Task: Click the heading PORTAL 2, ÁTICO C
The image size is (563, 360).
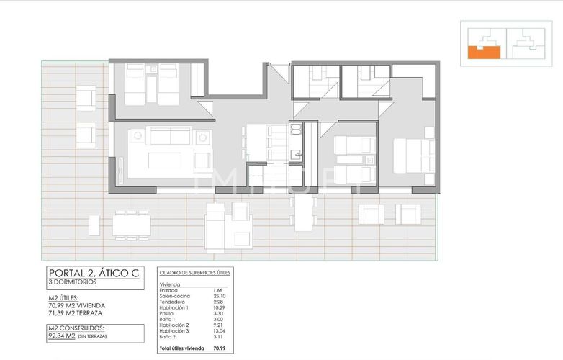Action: (x=94, y=273)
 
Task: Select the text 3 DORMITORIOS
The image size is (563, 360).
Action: (x=73, y=282)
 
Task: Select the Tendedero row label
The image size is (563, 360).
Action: (x=174, y=302)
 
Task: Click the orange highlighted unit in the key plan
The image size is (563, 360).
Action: (x=482, y=52)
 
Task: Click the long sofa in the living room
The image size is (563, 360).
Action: (x=168, y=135)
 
